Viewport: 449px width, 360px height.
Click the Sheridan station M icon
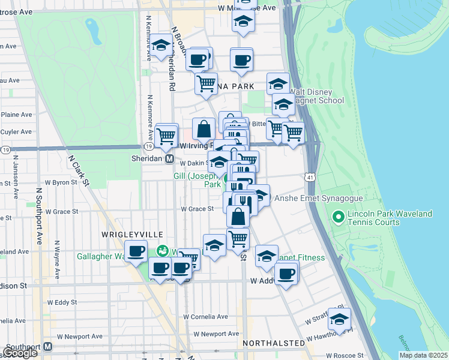(x=170, y=160)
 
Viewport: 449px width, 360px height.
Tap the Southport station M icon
(x=48, y=347)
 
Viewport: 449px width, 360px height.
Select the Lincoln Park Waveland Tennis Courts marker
(x=338, y=216)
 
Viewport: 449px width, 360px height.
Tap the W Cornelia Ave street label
(x=206, y=316)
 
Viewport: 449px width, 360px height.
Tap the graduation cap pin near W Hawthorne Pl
(x=339, y=319)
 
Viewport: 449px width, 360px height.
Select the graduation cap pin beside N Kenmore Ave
(x=161, y=46)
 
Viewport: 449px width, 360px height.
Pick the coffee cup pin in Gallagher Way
(x=136, y=251)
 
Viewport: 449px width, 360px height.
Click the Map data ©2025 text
(x=424, y=355)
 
